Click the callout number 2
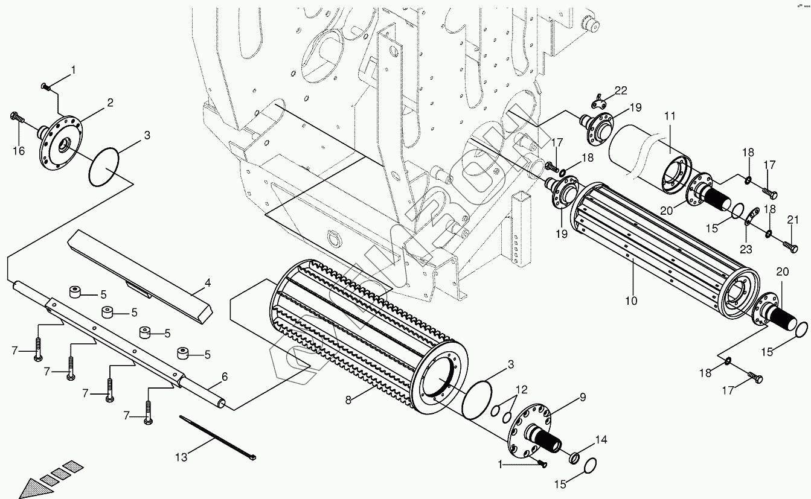110,103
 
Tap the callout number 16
19,151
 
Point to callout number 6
225,377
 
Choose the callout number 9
583,397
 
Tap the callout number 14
601,439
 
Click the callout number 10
632,300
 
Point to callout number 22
621,91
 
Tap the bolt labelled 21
788,245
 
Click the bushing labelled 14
576,457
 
